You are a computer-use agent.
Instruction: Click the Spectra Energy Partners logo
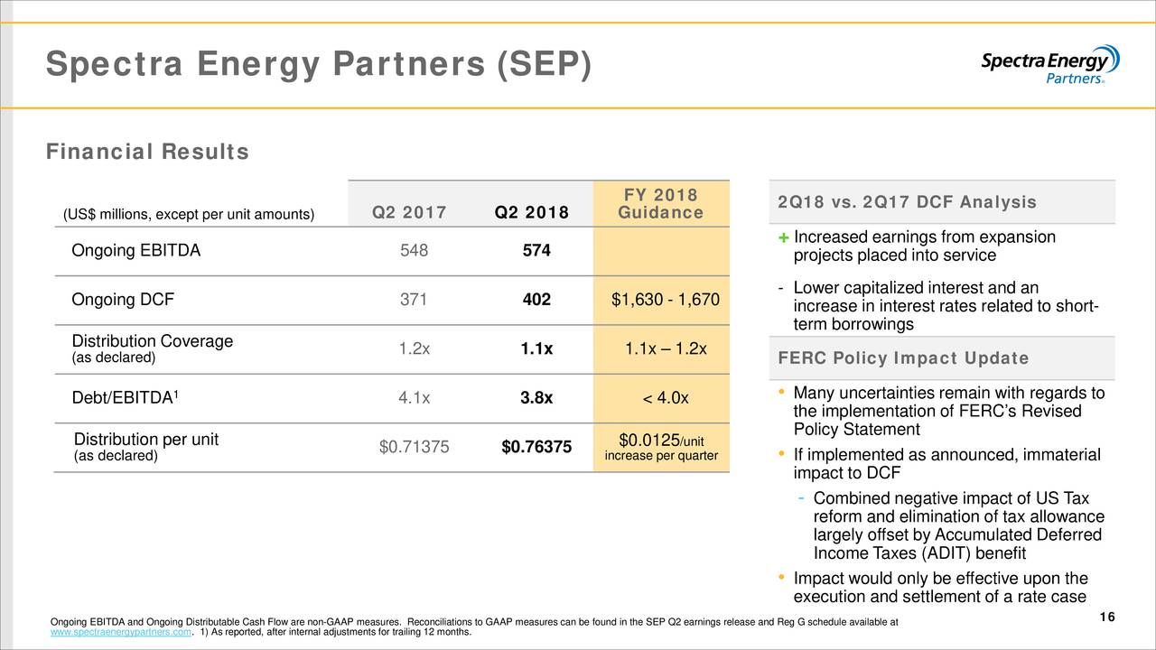click(x=1049, y=64)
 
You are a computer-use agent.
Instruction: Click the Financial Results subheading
click(x=147, y=153)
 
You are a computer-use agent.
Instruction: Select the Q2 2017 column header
click(x=409, y=213)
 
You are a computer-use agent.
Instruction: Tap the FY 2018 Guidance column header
click(x=660, y=204)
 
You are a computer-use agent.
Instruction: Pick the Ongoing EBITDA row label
click(x=135, y=251)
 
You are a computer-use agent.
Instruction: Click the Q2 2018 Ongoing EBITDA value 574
click(x=536, y=252)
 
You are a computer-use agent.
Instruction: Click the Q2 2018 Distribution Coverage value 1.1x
click(x=536, y=350)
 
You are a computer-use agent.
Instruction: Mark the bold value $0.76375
click(x=536, y=448)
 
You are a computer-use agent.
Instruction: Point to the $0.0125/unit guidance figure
click(x=660, y=441)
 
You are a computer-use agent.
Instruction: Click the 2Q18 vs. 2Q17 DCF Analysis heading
click(x=907, y=202)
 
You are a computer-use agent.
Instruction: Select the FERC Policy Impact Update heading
click(x=903, y=358)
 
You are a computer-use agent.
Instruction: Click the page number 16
click(x=1108, y=617)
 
